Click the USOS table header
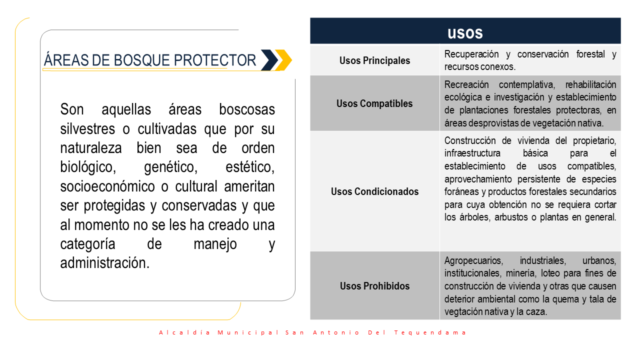[465, 33]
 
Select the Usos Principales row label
[374, 60]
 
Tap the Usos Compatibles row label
[374, 103]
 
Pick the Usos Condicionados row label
[374, 191]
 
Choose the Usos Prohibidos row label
[375, 285]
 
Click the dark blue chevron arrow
[270, 60]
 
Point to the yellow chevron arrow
[284, 60]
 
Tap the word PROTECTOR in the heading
[215, 60]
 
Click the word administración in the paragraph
[104, 263]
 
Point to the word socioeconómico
[107, 187]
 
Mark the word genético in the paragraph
[170, 167]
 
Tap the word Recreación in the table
[466, 84]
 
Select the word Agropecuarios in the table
[473, 260]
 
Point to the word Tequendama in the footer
[430, 332]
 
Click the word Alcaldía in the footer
[184, 332]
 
